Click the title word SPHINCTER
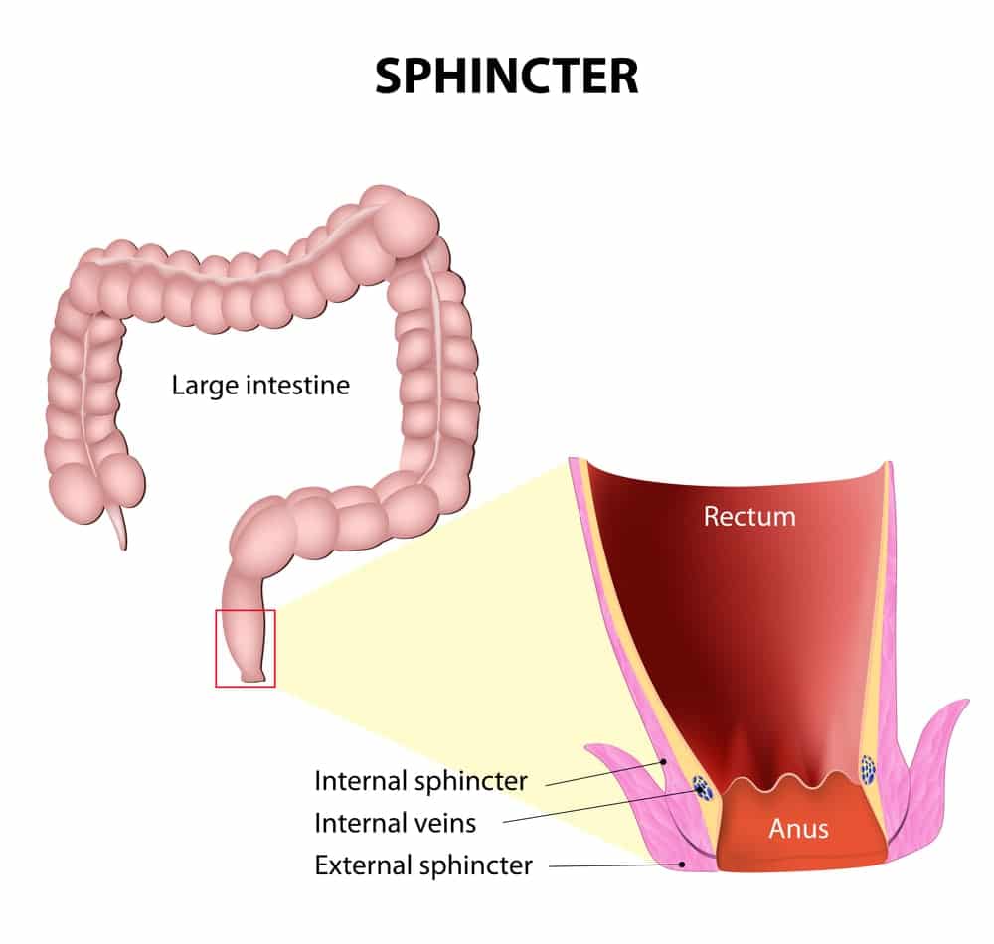tap(507, 77)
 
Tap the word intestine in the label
tap(297, 385)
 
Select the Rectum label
tap(749, 517)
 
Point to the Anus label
tap(799, 829)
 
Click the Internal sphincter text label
tap(420, 781)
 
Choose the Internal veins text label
tap(395, 823)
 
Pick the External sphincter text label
tap(423, 865)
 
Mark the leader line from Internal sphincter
tap(604, 773)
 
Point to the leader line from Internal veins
tap(601, 806)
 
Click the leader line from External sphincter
tap(615, 865)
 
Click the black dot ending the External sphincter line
tap(682, 863)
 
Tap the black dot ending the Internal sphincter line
tap(664, 761)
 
